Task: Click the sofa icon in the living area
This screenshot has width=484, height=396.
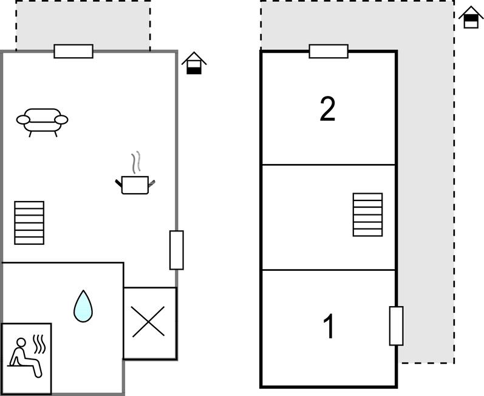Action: pos(43,122)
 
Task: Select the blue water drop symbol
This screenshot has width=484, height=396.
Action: pos(83,306)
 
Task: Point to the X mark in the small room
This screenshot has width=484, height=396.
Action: pos(148,321)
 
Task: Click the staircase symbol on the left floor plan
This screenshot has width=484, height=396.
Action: pos(29,223)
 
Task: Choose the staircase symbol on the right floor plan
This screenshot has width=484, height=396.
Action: pos(367,215)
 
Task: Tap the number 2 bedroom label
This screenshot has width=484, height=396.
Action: pos(327,109)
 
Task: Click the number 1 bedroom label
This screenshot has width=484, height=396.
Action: pos(329,326)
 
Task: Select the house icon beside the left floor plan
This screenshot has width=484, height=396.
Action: pos(194,63)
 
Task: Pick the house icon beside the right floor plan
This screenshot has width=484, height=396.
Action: pos(471,17)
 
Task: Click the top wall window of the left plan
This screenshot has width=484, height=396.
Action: pos(73,51)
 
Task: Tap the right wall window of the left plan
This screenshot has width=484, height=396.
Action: pos(177,250)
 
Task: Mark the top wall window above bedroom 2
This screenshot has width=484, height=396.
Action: pos(329,51)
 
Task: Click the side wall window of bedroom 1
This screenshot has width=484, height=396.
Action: pos(397,326)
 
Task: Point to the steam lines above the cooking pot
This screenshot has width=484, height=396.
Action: pos(136,162)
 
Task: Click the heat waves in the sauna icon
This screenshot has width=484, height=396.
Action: pos(39,344)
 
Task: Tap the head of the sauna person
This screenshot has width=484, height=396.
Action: pos(21,343)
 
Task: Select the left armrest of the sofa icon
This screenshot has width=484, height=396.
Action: pos(23,120)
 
